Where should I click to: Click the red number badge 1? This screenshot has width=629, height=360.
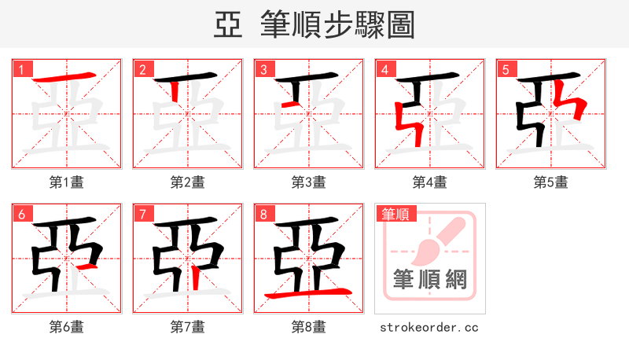click(21, 69)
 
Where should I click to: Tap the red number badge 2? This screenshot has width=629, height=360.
click(142, 69)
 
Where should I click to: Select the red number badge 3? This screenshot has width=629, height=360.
click(263, 69)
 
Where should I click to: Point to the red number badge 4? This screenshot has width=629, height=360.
click(384, 69)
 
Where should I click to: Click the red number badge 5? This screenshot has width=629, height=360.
click(506, 69)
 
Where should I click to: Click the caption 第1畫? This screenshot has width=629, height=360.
click(67, 182)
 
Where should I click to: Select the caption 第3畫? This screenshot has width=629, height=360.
click(309, 182)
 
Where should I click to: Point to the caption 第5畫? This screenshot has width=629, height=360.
click(551, 182)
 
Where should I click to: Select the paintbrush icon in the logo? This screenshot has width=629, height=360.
click(437, 239)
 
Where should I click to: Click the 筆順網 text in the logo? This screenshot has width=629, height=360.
click(429, 280)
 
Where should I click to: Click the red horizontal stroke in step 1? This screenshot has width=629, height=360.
click(68, 79)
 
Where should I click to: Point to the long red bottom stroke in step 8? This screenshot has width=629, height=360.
click(308, 294)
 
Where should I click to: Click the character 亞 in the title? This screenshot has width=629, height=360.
click(228, 25)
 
